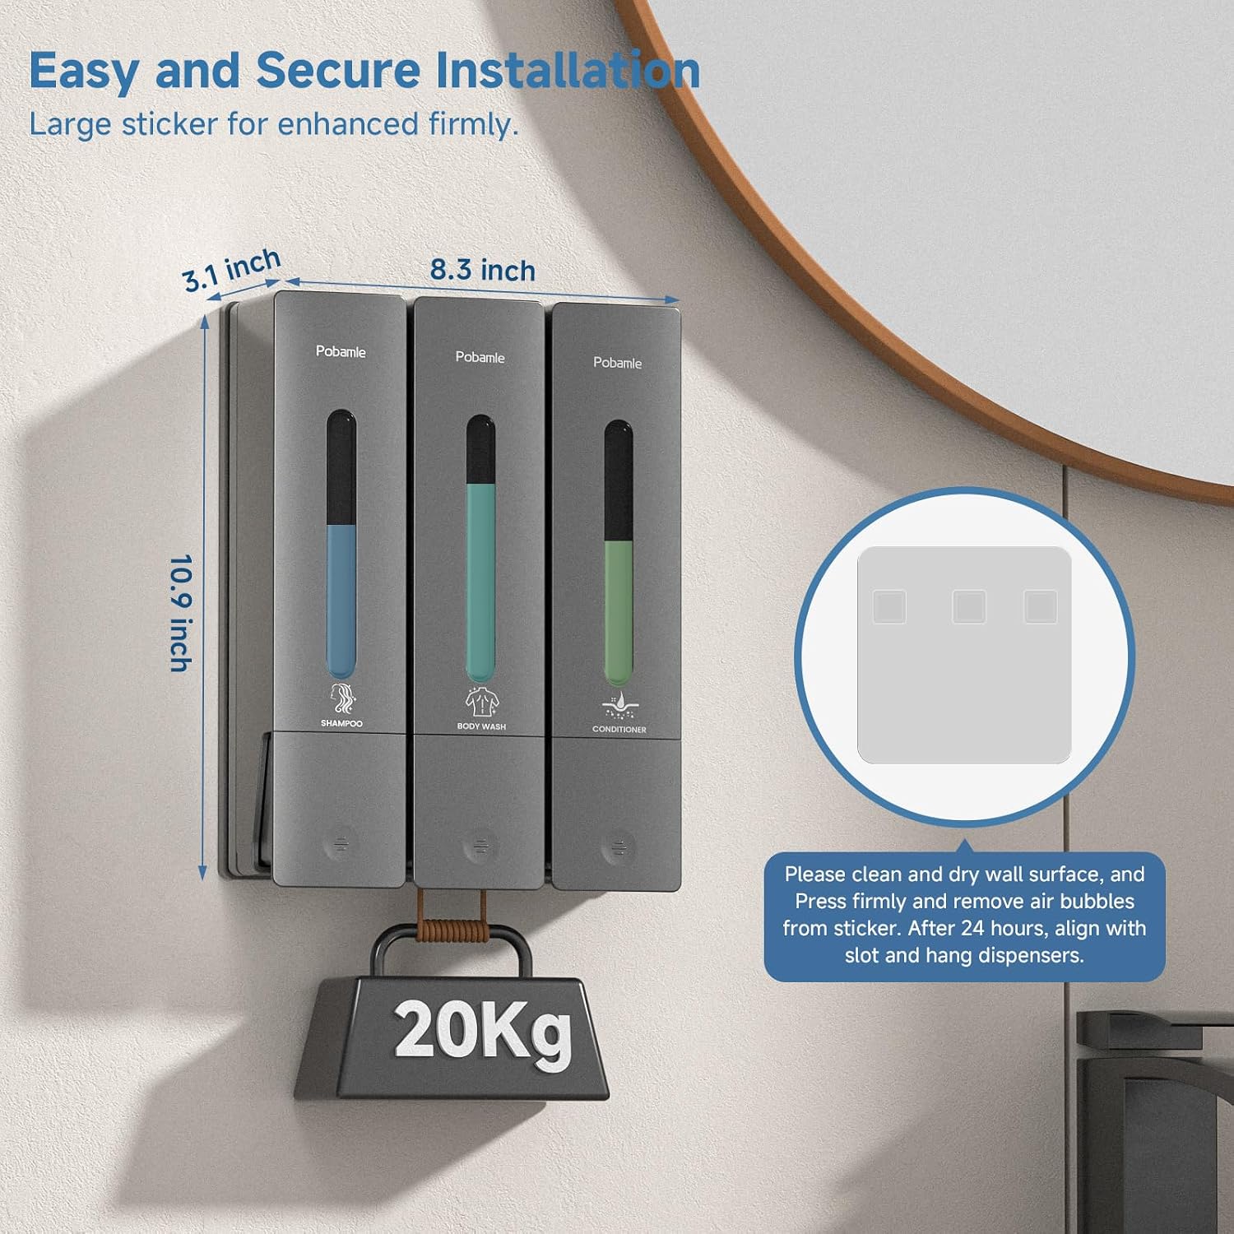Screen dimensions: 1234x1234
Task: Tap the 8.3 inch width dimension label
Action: [483, 270]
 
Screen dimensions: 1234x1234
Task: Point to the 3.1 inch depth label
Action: [232, 270]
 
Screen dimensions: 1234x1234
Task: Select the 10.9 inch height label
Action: [180, 613]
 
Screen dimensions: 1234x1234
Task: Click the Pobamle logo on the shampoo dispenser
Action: [341, 351]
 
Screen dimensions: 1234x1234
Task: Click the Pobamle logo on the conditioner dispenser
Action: [618, 363]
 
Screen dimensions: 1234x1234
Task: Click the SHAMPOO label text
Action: [341, 724]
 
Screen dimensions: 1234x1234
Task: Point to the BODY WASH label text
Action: [481, 726]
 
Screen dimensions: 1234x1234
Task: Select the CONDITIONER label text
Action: [619, 730]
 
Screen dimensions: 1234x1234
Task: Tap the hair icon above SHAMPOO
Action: [342, 698]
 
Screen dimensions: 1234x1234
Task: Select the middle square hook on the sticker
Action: [969, 607]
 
